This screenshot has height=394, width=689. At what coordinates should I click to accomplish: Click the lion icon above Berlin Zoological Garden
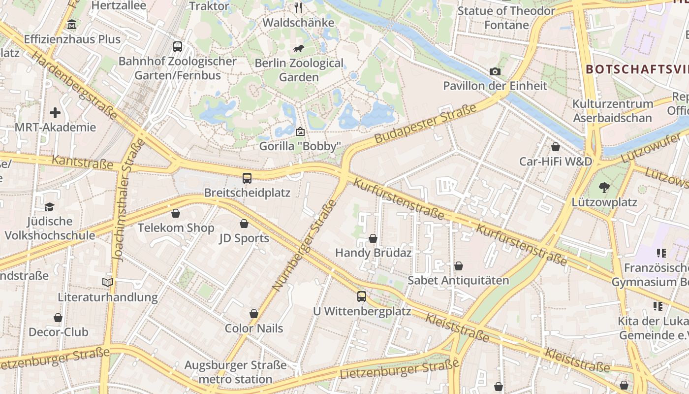tap(299, 48)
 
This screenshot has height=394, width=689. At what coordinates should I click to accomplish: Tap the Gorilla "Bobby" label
tap(300, 146)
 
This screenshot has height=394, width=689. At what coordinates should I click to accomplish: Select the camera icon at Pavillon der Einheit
tap(495, 71)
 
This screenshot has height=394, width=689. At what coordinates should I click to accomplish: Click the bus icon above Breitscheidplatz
tap(247, 178)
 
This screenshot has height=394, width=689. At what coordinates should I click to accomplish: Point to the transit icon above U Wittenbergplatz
tap(362, 296)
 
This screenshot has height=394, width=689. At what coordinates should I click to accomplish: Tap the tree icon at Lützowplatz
tap(604, 188)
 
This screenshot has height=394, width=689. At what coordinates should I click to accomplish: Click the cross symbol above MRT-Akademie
tap(55, 113)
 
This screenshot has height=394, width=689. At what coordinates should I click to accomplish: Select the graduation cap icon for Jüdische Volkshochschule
tap(49, 207)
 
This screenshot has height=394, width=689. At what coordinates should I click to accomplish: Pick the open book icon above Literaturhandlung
tap(108, 282)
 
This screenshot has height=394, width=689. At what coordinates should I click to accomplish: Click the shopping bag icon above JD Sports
tap(244, 224)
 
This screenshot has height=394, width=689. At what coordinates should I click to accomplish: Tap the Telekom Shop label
tap(176, 228)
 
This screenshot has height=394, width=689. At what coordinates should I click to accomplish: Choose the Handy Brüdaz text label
tap(373, 253)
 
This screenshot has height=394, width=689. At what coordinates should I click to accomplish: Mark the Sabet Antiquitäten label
tap(458, 280)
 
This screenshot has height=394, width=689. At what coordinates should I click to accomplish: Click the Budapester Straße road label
tap(426, 124)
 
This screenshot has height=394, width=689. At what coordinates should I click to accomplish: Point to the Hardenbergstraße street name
tap(74, 85)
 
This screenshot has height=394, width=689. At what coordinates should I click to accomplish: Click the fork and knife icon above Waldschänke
tap(298, 7)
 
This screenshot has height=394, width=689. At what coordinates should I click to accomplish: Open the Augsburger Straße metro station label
tap(235, 372)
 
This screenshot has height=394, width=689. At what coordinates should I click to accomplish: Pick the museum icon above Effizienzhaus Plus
tap(72, 25)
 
